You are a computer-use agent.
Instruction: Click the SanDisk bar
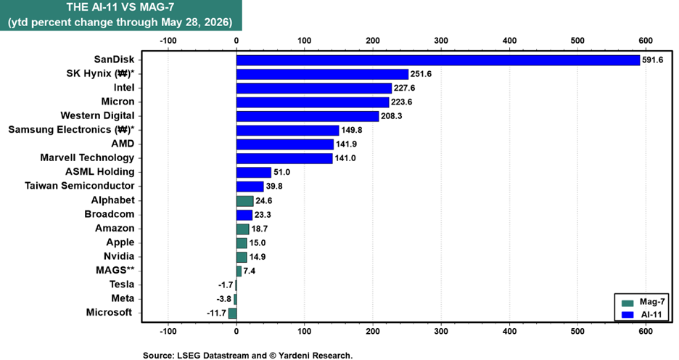(x=438, y=60)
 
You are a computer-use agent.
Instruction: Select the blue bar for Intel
(x=314, y=88)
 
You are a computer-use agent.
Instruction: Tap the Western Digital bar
(x=308, y=116)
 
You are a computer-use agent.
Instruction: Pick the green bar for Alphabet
(x=244, y=200)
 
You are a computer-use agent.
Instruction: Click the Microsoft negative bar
(x=233, y=313)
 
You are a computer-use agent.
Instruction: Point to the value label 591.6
(x=653, y=60)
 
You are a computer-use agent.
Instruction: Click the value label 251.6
(x=421, y=74)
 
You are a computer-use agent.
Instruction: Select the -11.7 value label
(x=216, y=313)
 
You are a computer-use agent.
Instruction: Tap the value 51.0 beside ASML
(x=281, y=172)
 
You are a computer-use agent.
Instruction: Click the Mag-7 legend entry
(x=643, y=302)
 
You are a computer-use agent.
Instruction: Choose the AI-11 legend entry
(x=642, y=314)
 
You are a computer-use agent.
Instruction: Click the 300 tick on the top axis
(x=441, y=41)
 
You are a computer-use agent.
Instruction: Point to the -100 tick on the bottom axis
(x=168, y=332)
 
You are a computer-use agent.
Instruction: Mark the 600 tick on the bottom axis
(x=645, y=332)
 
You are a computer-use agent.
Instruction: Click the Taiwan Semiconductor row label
(x=80, y=186)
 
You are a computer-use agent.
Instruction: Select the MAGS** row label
(x=115, y=270)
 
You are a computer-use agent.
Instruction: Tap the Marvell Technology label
(x=87, y=157)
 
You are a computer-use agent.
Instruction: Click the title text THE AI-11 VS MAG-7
(x=120, y=7)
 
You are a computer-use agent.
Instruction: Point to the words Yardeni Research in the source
(x=315, y=356)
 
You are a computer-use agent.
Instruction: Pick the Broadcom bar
(x=244, y=214)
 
